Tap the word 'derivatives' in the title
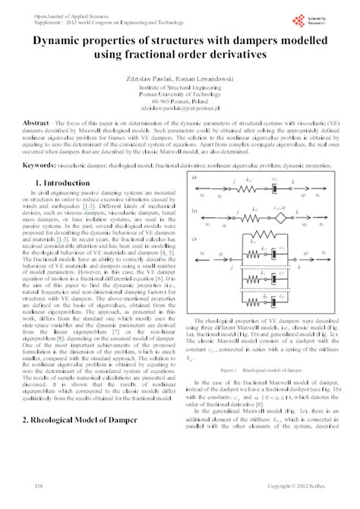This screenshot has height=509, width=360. click(232, 56)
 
